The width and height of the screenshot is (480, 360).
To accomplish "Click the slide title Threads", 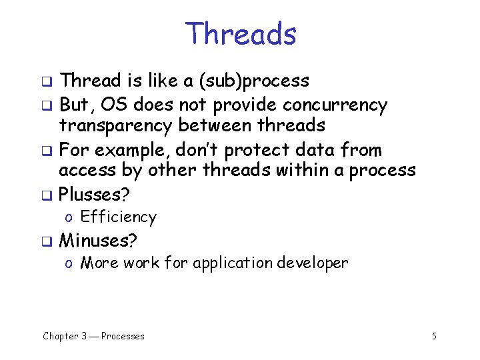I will tap(241, 33).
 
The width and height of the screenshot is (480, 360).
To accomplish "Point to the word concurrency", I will tap(335, 105).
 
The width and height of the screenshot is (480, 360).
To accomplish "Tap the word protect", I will tap(263, 150).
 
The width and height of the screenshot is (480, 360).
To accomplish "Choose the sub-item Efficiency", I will tap(118, 217).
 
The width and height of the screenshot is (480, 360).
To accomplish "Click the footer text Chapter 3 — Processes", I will tap(93, 336).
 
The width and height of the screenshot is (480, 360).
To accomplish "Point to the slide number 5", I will tap(434, 336).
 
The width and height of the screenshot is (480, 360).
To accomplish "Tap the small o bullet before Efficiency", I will tap(69, 218).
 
